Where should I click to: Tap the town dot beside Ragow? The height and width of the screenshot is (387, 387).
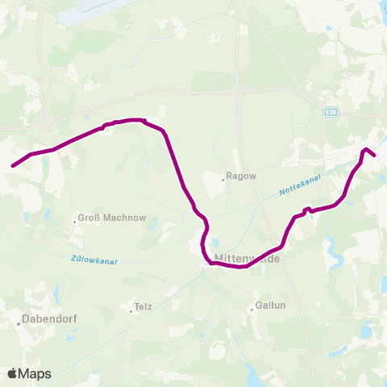click(223, 180)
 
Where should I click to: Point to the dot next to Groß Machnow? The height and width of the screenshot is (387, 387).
click(75, 218)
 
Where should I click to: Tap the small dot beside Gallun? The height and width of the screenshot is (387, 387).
click(252, 306)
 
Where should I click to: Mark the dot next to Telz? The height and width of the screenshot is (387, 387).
click(131, 307)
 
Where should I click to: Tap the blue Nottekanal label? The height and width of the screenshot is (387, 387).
click(300, 187)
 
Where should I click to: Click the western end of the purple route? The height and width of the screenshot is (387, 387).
click(13, 166)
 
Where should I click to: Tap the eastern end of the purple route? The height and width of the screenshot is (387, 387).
click(375, 156)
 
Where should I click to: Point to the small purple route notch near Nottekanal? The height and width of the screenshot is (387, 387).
click(306, 210)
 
